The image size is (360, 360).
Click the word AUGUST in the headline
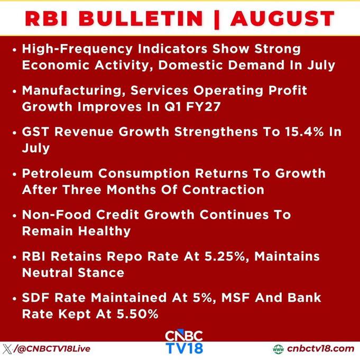point(282,19)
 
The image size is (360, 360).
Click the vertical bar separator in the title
point(217,19)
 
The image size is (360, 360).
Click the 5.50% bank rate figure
point(137,314)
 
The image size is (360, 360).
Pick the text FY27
point(203,107)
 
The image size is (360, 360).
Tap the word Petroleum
point(58,173)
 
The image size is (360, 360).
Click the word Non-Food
point(57,215)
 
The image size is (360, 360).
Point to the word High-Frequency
point(77,50)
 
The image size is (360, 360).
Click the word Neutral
point(47,273)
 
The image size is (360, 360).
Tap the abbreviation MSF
point(235,298)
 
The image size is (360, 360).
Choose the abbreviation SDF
point(35,298)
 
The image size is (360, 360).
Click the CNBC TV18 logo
point(184,342)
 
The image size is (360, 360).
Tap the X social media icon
point(7,349)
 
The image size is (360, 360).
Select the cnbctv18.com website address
point(320,349)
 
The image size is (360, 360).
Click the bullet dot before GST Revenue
point(15,133)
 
